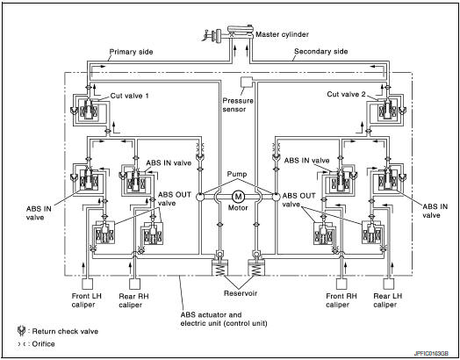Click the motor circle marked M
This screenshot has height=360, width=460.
pyautogui.click(x=238, y=197)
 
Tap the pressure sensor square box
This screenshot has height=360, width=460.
pyautogui.click(x=246, y=83)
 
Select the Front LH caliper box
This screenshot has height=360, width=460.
pyautogui.click(x=87, y=284)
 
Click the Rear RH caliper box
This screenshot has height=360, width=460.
pyautogui.click(x=134, y=284)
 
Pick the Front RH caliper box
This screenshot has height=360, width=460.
pyautogui.click(x=341, y=284)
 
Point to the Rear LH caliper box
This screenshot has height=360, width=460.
pyautogui.click(x=389, y=284)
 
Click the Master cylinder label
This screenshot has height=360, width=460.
pyautogui.click(x=282, y=34)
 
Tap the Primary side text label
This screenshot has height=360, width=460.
pyautogui.click(x=131, y=52)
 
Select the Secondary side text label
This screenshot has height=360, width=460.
pyautogui.click(x=321, y=51)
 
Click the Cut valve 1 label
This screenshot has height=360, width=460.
pyautogui.click(x=129, y=96)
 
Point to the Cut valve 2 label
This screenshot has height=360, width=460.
pyautogui.click(x=346, y=94)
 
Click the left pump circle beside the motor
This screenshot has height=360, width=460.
pyautogui.click(x=199, y=197)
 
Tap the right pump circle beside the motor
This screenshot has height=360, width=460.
pyautogui.click(x=277, y=197)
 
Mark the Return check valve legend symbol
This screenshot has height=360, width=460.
pyautogui.click(x=21, y=331)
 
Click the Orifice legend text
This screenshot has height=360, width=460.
pyautogui.click(x=43, y=344)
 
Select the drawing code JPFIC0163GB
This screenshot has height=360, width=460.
pyautogui.click(x=431, y=354)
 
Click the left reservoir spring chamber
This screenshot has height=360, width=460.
pyautogui.click(x=219, y=268)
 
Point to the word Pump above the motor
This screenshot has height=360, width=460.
pyautogui.click(x=237, y=174)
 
